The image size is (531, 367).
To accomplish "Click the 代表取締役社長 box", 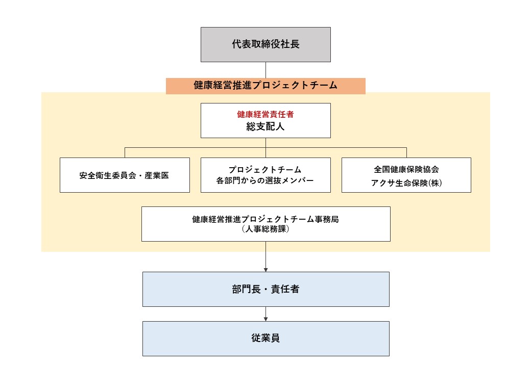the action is (265, 45).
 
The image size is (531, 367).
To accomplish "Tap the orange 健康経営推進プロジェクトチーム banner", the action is (265, 86).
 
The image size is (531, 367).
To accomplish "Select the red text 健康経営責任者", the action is (265, 114).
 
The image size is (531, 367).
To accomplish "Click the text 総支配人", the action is (265, 126).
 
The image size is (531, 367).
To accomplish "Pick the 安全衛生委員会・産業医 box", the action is (125, 175).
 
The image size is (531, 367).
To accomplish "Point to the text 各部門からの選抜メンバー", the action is (265, 180).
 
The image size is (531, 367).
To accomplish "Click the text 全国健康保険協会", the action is (406, 169).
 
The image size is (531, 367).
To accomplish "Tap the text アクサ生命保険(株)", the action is (406, 183).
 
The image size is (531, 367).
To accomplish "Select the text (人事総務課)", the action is (265, 229).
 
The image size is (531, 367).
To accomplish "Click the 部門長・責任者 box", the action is (266, 290).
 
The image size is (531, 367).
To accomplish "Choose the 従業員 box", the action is (266, 338).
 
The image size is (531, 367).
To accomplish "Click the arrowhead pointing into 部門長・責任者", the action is (266, 270).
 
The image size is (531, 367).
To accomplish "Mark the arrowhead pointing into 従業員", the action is (266, 319).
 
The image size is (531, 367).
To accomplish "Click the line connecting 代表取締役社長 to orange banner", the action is (265, 70).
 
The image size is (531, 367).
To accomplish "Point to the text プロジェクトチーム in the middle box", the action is (265, 169).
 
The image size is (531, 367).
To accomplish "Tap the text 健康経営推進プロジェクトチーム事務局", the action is (265, 219).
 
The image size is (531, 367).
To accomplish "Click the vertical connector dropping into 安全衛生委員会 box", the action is (125, 153).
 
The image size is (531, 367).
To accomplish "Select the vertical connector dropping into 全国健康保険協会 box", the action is (406, 153).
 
